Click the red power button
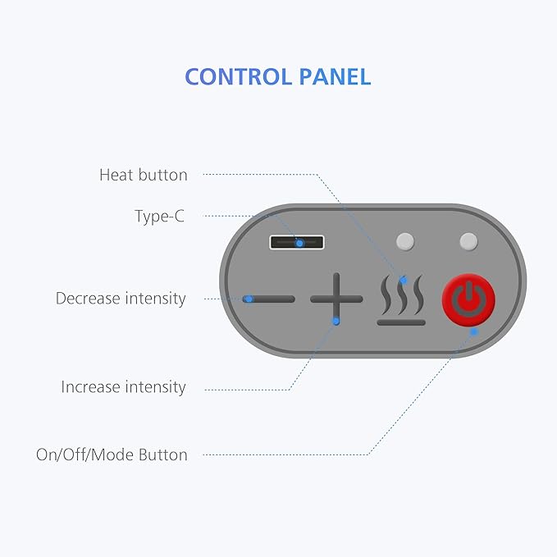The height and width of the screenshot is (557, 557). click(468, 299)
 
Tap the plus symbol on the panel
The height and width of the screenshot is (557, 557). click(336, 299)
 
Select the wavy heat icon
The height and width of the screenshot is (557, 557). click(401, 299)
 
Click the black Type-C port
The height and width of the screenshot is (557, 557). click(297, 242)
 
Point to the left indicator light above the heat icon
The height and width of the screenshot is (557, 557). click(405, 241)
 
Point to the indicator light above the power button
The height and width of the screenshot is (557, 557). click(468, 241)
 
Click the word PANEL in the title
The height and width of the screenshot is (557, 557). click(335, 77)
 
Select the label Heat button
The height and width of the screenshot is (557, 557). click(144, 175)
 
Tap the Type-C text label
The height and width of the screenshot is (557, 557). click(159, 217)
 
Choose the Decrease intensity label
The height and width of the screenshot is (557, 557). click(121, 299)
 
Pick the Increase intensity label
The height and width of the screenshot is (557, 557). click(123, 387)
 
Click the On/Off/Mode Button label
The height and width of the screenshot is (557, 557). click(112, 454)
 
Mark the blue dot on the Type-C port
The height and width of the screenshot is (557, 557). click(299, 244)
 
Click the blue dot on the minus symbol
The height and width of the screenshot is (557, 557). click(249, 299)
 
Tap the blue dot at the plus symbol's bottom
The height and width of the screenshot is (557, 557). click(336, 322)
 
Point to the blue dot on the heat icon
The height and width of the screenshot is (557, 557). click(403, 281)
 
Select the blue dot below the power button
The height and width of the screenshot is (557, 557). click(474, 331)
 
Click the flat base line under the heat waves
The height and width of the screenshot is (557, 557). click(401, 322)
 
